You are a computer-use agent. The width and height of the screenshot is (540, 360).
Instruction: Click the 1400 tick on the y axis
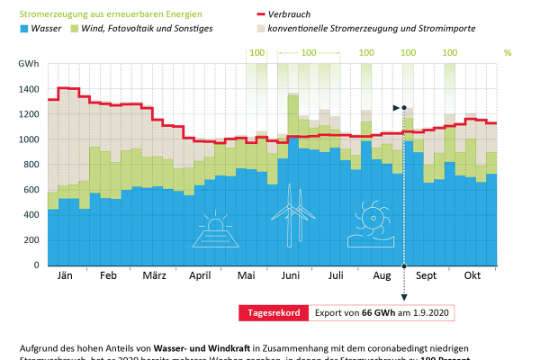pyautogui.click(x=28, y=90)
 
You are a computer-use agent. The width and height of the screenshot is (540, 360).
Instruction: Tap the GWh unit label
pyautogui.click(x=28, y=66)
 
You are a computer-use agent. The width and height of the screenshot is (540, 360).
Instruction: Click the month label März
pyautogui.click(x=153, y=275)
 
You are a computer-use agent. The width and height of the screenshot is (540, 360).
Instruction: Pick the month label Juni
pyautogui.click(x=292, y=275)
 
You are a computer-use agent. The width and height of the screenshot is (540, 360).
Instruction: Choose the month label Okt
pyautogui.click(x=472, y=275)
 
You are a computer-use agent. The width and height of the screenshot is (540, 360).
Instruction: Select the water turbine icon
pyautogui.click(x=371, y=220)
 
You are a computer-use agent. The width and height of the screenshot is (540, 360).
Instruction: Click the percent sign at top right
pyautogui.click(x=507, y=52)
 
